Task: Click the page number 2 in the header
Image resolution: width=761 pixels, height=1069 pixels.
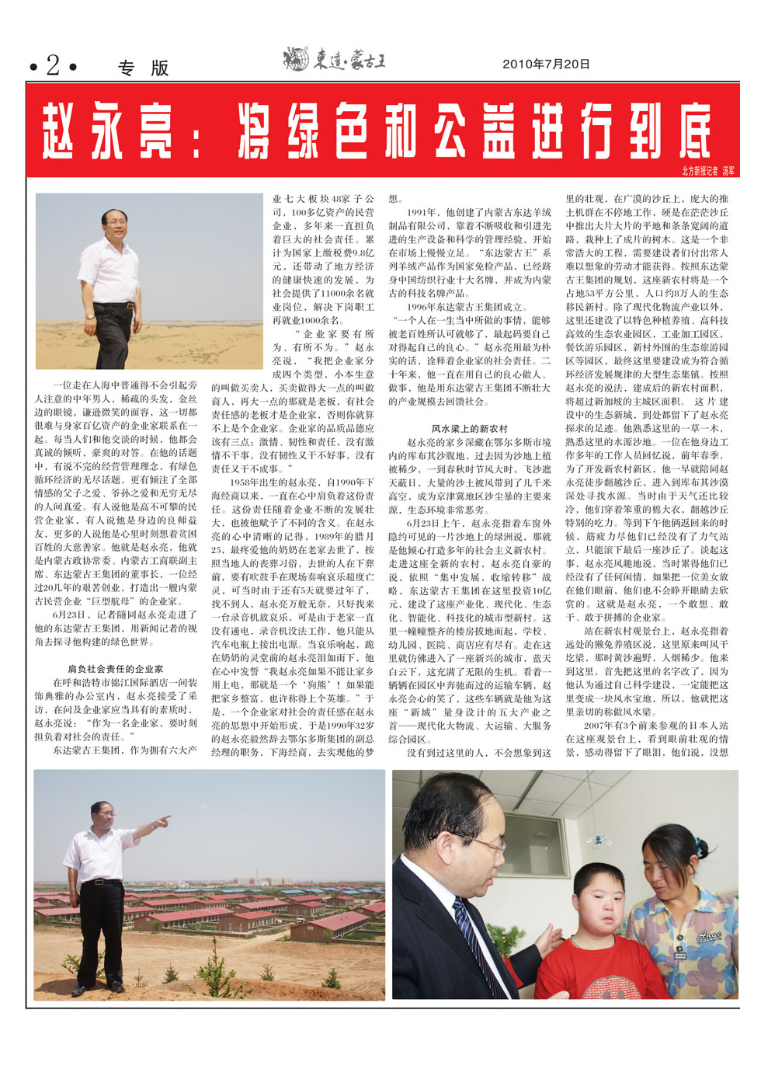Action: click(53, 65)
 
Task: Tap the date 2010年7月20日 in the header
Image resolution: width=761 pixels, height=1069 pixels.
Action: click(546, 64)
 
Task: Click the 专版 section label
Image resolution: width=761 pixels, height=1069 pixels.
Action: click(144, 68)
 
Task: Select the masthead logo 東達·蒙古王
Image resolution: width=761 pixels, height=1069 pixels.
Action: click(335, 60)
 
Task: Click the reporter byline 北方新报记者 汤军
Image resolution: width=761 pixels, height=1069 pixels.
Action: click(707, 171)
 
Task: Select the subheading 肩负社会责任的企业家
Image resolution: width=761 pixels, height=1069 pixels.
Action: click(116, 668)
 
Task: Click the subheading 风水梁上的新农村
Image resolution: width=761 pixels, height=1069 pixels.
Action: click(470, 428)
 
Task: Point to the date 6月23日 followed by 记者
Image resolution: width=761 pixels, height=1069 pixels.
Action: click(71, 615)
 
